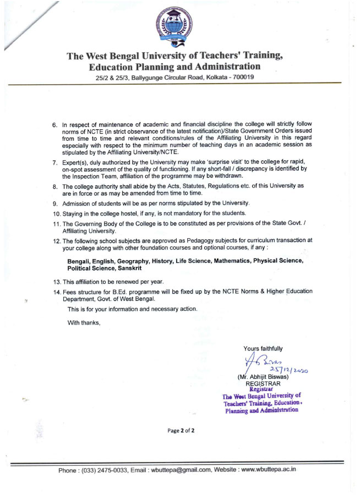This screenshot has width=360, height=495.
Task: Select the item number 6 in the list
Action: (x=55, y=125)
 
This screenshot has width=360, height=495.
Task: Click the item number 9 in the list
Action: (x=55, y=203)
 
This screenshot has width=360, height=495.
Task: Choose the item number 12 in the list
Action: (x=56, y=240)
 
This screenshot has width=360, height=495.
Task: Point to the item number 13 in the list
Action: (x=56, y=282)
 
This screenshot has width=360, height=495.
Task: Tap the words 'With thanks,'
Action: (x=84, y=322)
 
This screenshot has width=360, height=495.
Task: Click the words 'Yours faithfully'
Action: (x=263, y=348)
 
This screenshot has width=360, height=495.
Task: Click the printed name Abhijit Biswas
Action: (x=265, y=377)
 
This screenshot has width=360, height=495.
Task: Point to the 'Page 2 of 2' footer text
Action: (x=181, y=431)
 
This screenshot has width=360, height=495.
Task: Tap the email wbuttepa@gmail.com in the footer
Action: (x=182, y=470)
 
